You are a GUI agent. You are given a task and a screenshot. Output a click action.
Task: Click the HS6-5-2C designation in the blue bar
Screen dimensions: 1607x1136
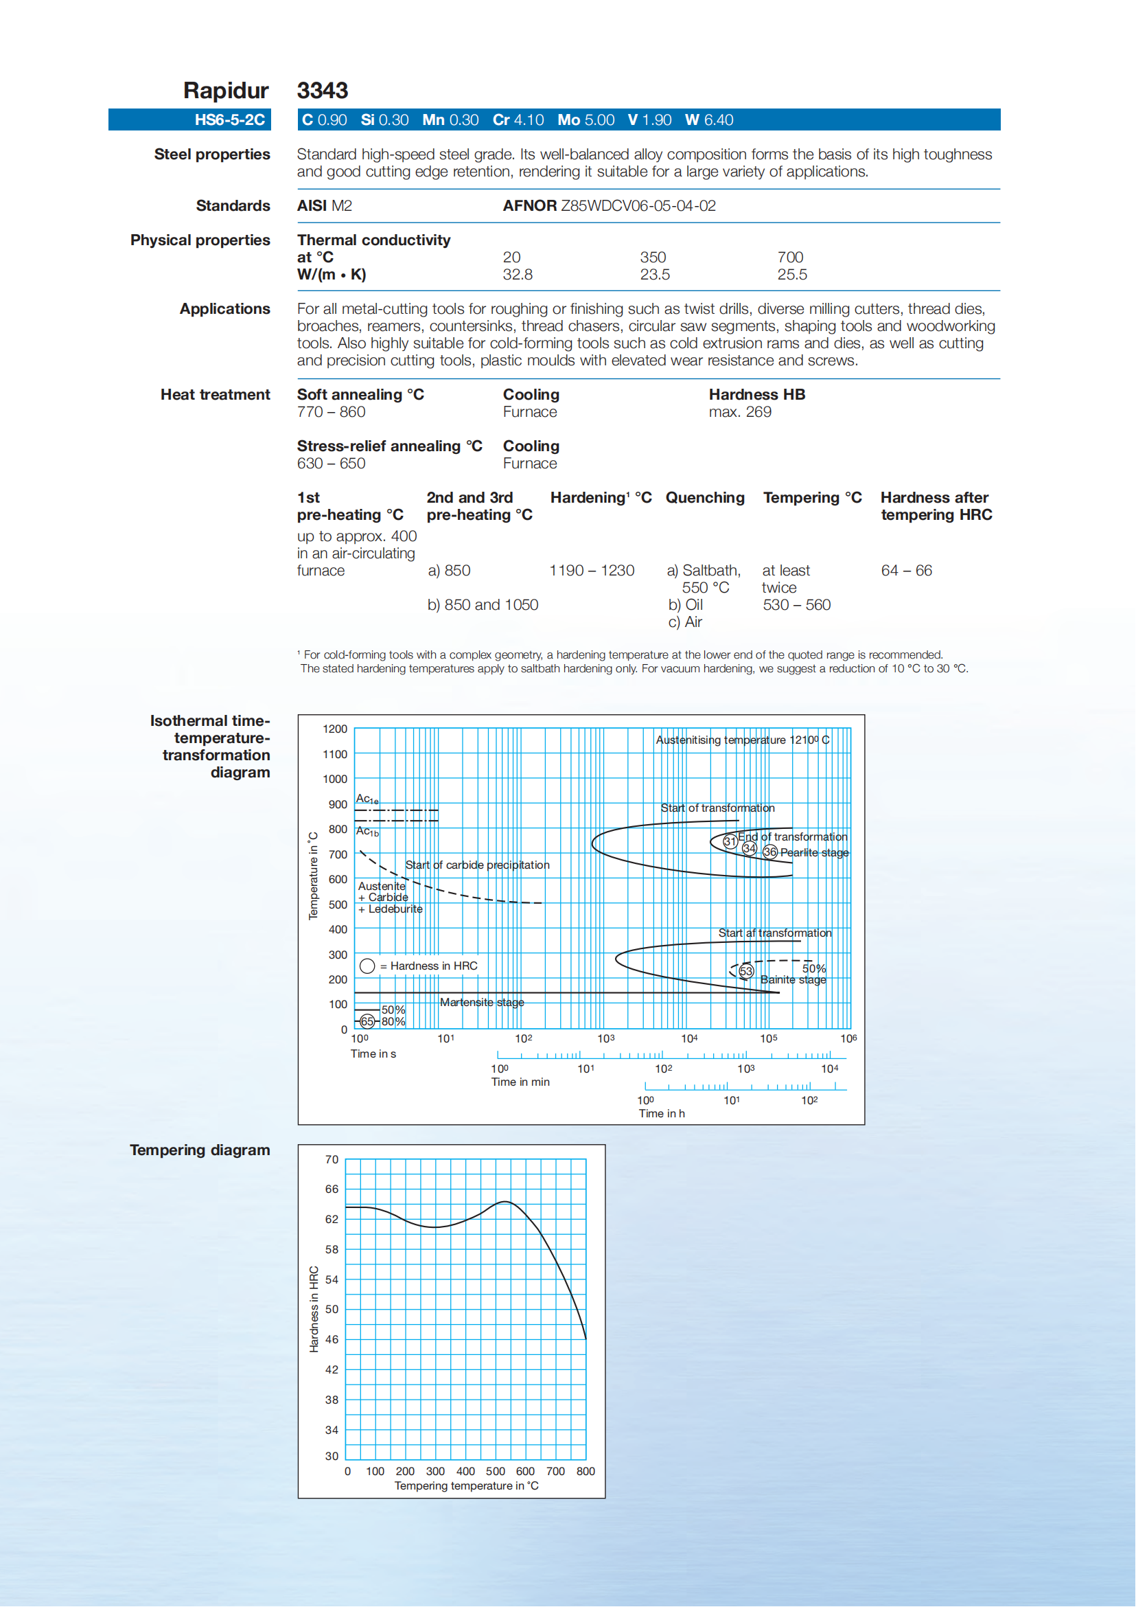click(x=229, y=119)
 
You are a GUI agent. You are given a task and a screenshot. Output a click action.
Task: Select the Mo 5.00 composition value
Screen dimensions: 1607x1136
click(x=586, y=119)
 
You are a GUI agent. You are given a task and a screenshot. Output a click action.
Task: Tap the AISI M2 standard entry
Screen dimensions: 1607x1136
click(x=325, y=206)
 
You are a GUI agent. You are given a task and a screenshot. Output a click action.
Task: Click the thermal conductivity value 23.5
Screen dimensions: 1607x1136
click(x=655, y=275)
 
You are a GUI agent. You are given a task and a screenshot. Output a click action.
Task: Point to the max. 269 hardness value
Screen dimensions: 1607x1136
click(x=739, y=411)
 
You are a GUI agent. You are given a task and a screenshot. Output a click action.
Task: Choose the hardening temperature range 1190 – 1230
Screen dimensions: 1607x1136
click(x=592, y=571)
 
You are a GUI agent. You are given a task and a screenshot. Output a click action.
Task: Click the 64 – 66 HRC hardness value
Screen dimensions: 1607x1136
click(x=907, y=571)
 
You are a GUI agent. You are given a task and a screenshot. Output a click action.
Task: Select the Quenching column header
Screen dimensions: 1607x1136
click(x=704, y=498)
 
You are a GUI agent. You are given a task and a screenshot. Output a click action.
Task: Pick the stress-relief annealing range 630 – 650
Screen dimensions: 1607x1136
click(x=331, y=464)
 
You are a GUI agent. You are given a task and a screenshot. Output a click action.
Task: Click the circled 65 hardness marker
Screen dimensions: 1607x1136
click(x=367, y=1021)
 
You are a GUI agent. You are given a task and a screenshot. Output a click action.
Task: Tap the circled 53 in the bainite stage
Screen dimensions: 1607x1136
click(x=746, y=971)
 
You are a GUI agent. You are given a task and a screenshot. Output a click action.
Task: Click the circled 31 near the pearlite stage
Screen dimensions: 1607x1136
click(x=730, y=841)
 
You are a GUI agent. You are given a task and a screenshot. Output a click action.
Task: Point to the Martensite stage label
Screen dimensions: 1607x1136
click(x=482, y=1002)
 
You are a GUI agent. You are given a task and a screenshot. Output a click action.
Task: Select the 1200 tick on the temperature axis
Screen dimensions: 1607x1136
click(x=335, y=729)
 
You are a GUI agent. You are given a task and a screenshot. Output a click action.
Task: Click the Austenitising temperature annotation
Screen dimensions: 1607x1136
click(x=742, y=740)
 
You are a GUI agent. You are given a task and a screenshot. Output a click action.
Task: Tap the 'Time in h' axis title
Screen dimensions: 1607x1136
click(x=661, y=1113)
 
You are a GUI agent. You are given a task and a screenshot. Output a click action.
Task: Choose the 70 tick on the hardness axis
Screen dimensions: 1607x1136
click(x=332, y=1159)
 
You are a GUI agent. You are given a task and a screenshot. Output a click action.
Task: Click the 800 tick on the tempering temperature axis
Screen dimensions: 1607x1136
click(x=586, y=1471)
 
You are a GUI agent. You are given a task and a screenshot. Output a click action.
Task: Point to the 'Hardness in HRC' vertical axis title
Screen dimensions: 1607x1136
click(x=314, y=1309)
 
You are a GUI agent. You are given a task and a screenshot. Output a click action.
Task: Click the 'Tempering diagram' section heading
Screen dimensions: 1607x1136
click(x=200, y=1150)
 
